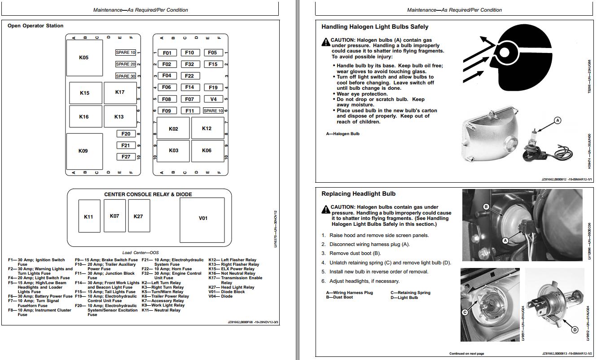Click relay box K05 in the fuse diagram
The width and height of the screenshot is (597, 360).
(84, 57)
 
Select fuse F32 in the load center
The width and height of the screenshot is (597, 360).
(189, 64)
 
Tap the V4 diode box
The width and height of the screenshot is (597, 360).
(213, 99)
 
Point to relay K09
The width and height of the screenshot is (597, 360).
(83, 151)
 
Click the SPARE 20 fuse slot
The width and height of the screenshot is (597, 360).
(126, 64)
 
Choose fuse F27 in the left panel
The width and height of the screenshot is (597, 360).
(126, 157)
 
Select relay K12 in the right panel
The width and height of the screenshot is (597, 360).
(207, 128)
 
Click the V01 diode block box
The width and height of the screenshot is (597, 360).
(203, 218)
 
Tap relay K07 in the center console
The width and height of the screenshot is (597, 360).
(114, 216)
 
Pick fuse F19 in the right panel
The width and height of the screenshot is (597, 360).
(213, 88)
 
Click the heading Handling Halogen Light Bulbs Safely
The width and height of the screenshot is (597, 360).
(375, 27)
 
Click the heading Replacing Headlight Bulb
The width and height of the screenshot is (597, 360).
(358, 194)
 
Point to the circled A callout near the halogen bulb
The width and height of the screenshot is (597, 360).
(557, 120)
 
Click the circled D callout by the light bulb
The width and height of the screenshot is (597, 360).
(575, 330)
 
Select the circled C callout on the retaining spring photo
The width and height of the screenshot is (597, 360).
(465, 312)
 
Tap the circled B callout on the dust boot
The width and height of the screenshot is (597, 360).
(486, 207)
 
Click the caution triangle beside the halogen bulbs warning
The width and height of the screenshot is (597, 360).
(325, 42)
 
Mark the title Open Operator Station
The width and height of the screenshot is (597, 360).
(35, 26)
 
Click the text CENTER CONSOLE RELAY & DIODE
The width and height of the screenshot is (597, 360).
(148, 194)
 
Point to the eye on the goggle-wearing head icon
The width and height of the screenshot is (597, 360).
(505, 53)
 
